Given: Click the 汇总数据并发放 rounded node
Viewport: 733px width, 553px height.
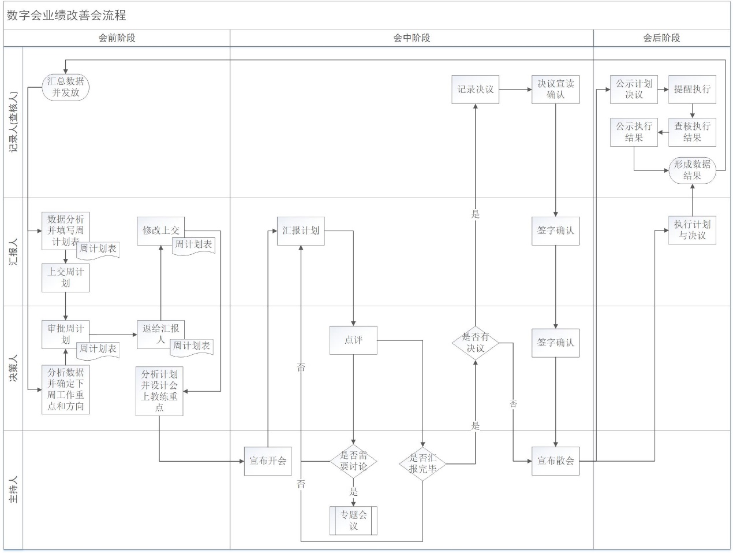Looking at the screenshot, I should (66, 87).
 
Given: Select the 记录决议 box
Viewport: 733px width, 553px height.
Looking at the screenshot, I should (475, 90).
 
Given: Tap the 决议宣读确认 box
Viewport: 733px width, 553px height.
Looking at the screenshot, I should (555, 90).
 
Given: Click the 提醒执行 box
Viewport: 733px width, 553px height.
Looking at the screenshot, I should (692, 90).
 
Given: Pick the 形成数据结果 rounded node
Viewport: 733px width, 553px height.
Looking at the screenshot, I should (692, 170).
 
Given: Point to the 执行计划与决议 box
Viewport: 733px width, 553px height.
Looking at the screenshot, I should (692, 230).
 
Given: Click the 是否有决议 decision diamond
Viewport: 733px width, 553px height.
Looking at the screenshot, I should (475, 343).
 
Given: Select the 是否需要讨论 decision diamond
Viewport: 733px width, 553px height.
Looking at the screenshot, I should (353, 461).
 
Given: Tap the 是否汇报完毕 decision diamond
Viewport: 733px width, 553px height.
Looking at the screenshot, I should (422, 463).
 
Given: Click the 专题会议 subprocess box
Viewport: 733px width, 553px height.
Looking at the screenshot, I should (353, 521).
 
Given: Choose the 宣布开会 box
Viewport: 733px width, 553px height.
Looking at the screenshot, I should (267, 461).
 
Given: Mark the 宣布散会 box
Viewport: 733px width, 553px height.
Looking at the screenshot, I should (555, 461).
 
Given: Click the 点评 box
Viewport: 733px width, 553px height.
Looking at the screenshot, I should (353, 340).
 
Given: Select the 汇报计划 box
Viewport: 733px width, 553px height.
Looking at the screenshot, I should (301, 231).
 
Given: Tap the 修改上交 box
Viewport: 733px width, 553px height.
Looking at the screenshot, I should (160, 231).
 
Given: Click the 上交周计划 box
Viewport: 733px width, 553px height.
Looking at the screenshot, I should (65, 277).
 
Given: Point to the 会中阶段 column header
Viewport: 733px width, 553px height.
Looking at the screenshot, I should (412, 38).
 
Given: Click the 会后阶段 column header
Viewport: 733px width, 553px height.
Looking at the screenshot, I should (661, 38).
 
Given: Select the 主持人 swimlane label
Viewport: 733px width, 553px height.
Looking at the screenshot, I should (13, 489).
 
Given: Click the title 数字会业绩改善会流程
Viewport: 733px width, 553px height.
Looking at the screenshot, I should (66, 16).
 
